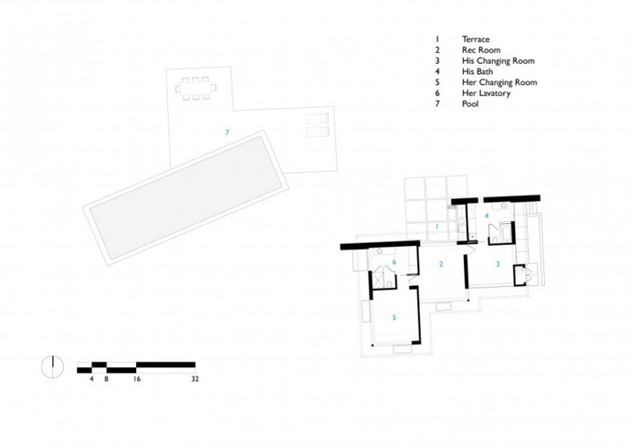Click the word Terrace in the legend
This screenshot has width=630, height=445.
(476, 39)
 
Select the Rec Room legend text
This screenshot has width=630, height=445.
(481, 50)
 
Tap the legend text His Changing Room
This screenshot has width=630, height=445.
(499, 60)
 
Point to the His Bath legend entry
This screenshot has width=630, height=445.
(478, 71)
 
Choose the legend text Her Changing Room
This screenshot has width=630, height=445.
(499, 82)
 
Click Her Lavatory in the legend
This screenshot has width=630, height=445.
(486, 93)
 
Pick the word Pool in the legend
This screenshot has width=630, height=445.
(470, 104)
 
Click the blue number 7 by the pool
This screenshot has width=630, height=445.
(227, 132)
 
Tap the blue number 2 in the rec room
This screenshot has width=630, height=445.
(441, 264)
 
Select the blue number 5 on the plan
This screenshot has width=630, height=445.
(394, 318)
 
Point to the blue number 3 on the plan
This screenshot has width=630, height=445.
(499, 264)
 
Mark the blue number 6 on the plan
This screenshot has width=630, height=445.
(394, 262)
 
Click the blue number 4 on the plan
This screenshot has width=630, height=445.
(487, 216)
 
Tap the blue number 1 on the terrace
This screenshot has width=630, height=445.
(437, 227)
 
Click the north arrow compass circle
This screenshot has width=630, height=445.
(52, 367)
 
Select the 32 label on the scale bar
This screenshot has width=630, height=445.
(194, 378)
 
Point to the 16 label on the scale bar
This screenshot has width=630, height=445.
(137, 378)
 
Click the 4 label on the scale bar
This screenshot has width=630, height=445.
(91, 378)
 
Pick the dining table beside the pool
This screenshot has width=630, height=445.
(195, 88)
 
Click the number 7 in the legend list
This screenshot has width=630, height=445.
(437, 104)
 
